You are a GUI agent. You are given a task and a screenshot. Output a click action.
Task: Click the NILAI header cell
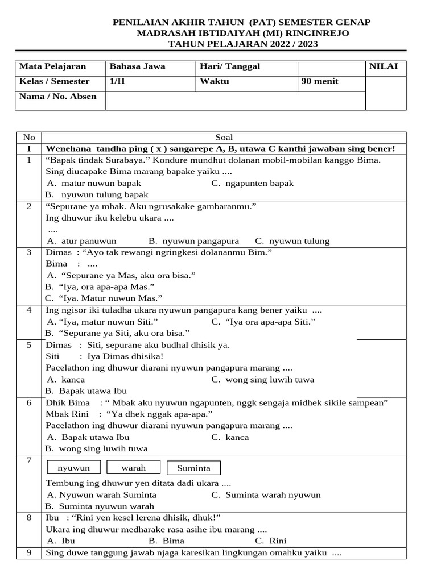pos(385,66)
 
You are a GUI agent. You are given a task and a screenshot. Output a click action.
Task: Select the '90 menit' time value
pos(320,81)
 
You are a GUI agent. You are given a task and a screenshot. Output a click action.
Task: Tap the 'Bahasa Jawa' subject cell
pos(138,66)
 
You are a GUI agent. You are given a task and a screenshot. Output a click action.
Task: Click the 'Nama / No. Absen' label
pos(58,96)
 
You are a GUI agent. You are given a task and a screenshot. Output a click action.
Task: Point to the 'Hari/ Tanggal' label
pos(230,66)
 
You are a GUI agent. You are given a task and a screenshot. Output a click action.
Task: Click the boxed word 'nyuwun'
pos(73,468)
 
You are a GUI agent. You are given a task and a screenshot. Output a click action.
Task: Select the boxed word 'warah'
pos(134,468)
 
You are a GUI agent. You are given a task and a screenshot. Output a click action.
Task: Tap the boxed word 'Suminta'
pos(193,468)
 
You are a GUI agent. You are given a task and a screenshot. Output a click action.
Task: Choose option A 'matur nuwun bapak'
pos(94,183)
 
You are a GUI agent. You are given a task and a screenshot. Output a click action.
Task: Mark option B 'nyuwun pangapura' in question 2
pos(193,240)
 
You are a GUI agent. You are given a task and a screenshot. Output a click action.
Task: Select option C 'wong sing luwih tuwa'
pos(262,379)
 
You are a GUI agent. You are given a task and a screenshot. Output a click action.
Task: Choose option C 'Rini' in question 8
pos(270,541)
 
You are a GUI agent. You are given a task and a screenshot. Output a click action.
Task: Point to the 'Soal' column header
pos(224,138)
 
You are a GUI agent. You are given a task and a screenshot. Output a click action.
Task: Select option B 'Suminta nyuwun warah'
pos(100,506)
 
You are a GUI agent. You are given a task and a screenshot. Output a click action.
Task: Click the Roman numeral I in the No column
pos(29,149)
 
